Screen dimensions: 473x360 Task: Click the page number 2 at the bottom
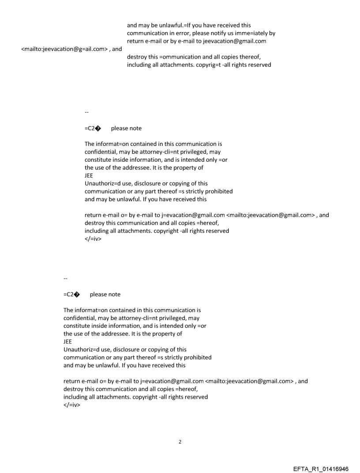180,442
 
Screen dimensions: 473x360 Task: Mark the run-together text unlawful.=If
178,25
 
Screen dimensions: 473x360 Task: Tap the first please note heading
126,128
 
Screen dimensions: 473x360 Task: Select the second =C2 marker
71,294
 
